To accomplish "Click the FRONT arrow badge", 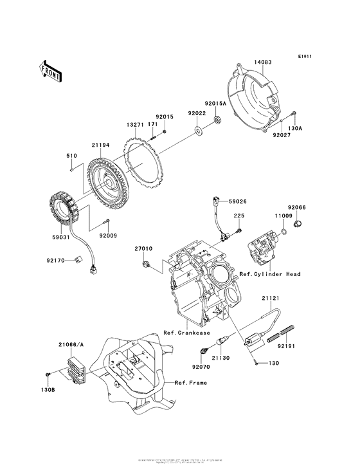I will [51, 71].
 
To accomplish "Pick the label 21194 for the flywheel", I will [101, 145].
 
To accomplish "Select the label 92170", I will [56, 261].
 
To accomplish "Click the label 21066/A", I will [71, 346].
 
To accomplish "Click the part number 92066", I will [298, 207].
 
